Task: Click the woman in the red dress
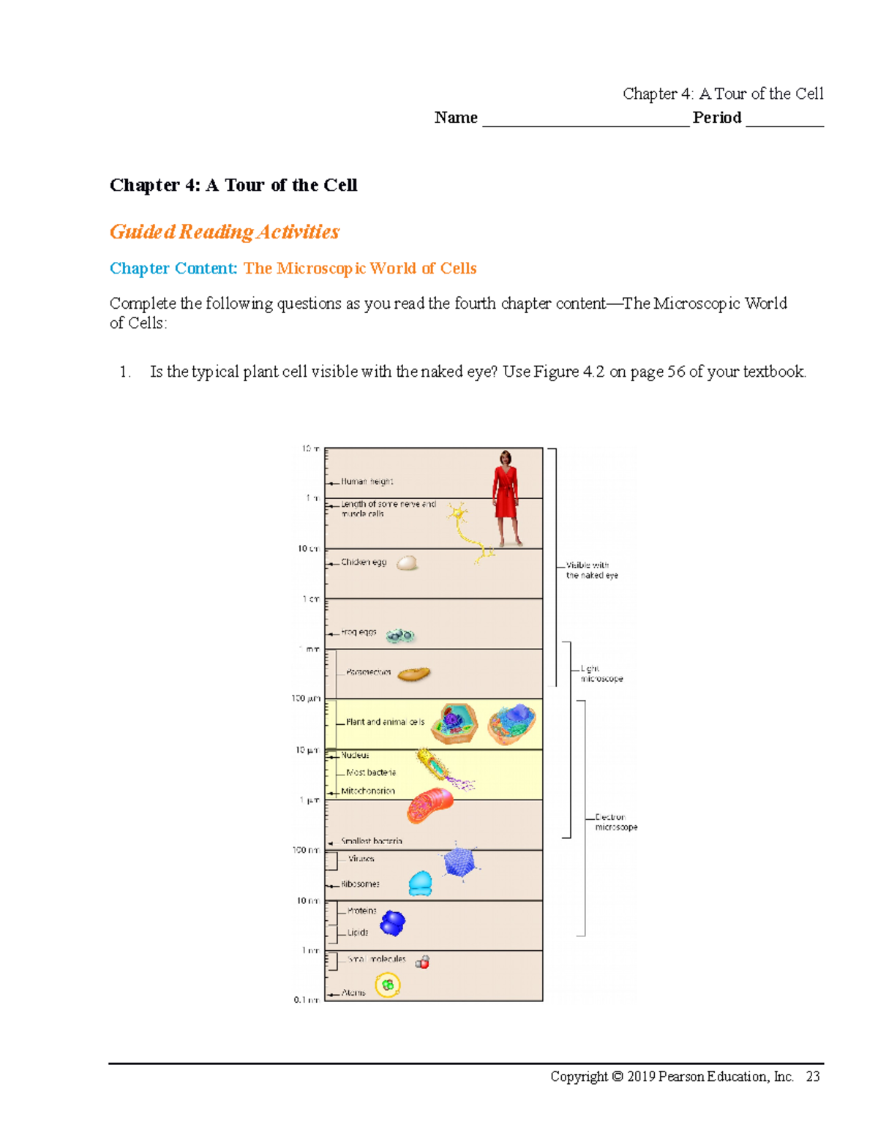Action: pos(506,497)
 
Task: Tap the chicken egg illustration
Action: pos(407,563)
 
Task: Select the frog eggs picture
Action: pos(400,636)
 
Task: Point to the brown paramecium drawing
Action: pos(413,674)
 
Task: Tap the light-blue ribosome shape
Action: pos(420,884)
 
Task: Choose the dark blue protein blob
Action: pos(393,923)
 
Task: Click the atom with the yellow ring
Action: pos(388,985)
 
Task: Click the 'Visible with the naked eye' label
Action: pos(591,570)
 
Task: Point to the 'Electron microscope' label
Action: pos(615,822)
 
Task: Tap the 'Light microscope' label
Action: pos(601,674)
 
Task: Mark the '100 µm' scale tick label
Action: pos(306,699)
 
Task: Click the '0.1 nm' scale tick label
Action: pos(306,999)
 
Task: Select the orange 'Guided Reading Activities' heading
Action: pos(224,232)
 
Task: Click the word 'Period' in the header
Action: pos(717,118)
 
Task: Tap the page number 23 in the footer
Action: pos(812,1076)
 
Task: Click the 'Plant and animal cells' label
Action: pos(385,722)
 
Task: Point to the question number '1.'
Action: pos(125,372)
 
